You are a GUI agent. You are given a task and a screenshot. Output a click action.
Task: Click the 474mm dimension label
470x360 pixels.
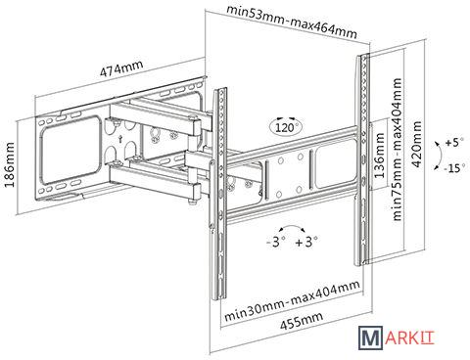pyautogui.click(x=121, y=68)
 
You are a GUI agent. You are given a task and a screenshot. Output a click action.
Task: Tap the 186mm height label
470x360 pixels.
pyautogui.click(x=10, y=164)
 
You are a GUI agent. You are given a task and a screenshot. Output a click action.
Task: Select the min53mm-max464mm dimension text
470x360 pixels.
pyautogui.click(x=292, y=22)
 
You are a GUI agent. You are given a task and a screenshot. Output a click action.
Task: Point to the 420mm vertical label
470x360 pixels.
pyautogui.click(x=416, y=144)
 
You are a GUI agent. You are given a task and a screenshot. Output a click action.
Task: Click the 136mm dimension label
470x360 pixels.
pyautogui.click(x=379, y=156)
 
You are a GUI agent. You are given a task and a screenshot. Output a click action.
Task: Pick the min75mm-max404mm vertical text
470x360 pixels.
pyautogui.click(x=397, y=150)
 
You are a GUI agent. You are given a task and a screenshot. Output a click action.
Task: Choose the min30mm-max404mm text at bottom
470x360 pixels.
pyautogui.click(x=293, y=300)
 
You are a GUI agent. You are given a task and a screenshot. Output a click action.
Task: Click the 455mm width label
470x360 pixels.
pyautogui.click(x=302, y=320)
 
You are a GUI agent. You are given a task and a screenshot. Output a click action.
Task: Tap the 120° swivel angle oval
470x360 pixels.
pyautogui.click(x=286, y=127)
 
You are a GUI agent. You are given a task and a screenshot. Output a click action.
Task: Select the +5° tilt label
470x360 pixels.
pyautogui.click(x=454, y=143)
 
